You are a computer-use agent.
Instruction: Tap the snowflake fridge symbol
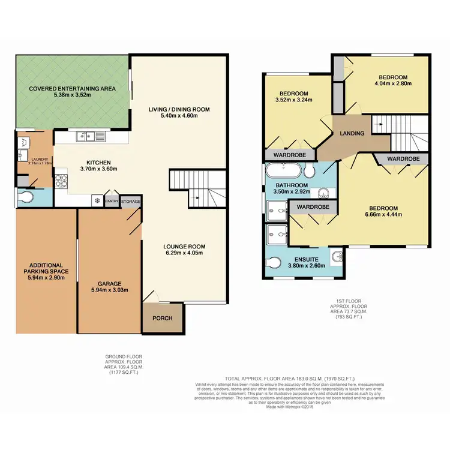coord(95,201)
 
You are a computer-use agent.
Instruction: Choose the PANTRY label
coord(112,202)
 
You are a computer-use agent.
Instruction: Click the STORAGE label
coord(131,202)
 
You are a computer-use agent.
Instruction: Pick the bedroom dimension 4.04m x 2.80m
coord(393,85)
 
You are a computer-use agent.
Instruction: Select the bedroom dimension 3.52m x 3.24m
coord(295,101)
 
